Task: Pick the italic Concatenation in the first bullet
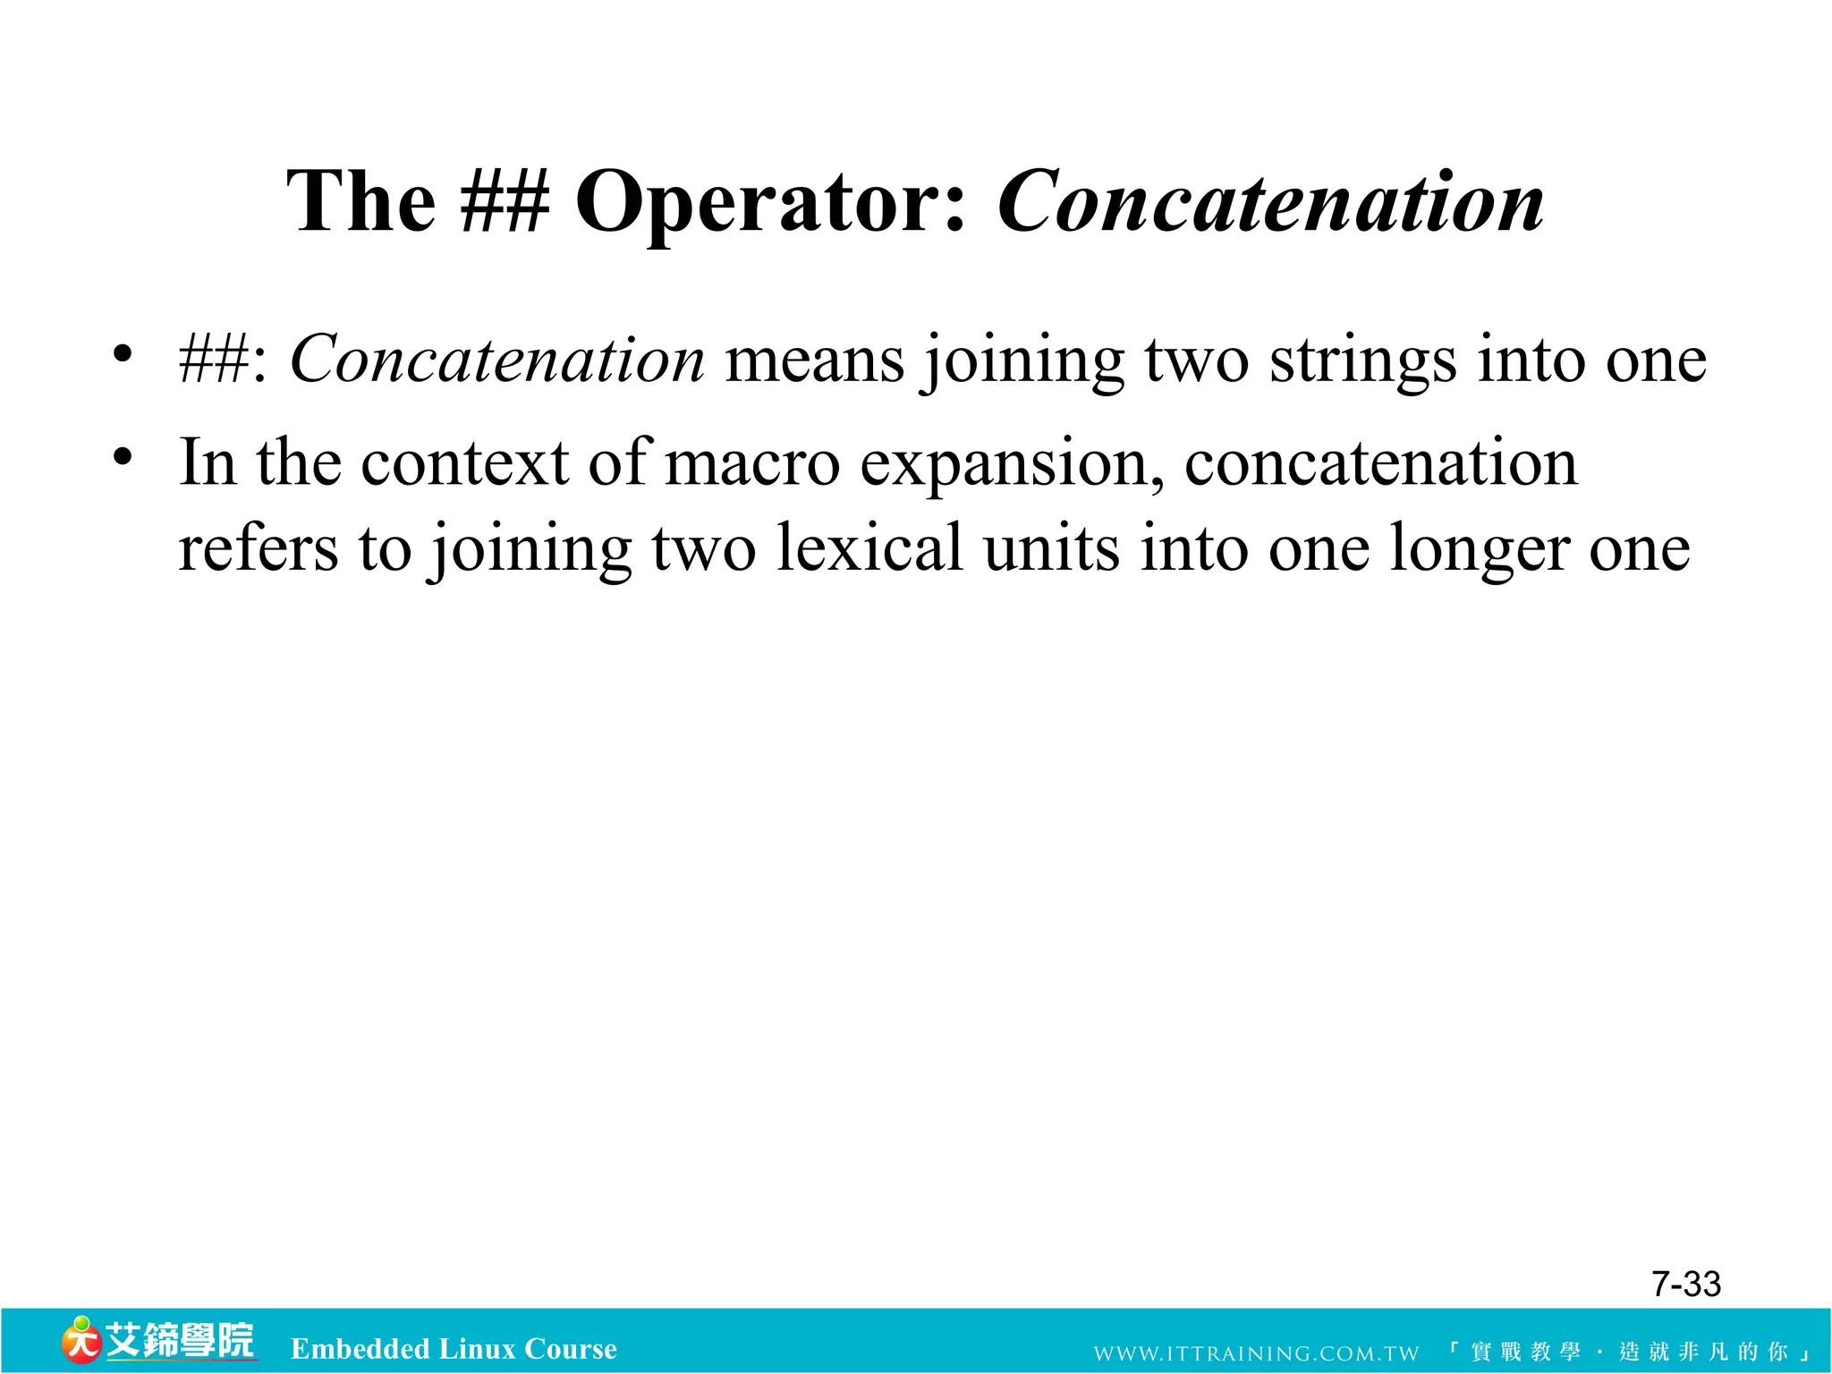point(497,360)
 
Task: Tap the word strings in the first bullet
point(1362,361)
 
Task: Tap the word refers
point(259,547)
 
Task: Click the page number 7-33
point(1685,1284)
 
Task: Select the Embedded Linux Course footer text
point(454,1348)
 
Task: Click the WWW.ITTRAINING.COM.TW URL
point(1256,1353)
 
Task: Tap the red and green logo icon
point(81,1340)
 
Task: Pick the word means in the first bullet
point(814,361)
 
